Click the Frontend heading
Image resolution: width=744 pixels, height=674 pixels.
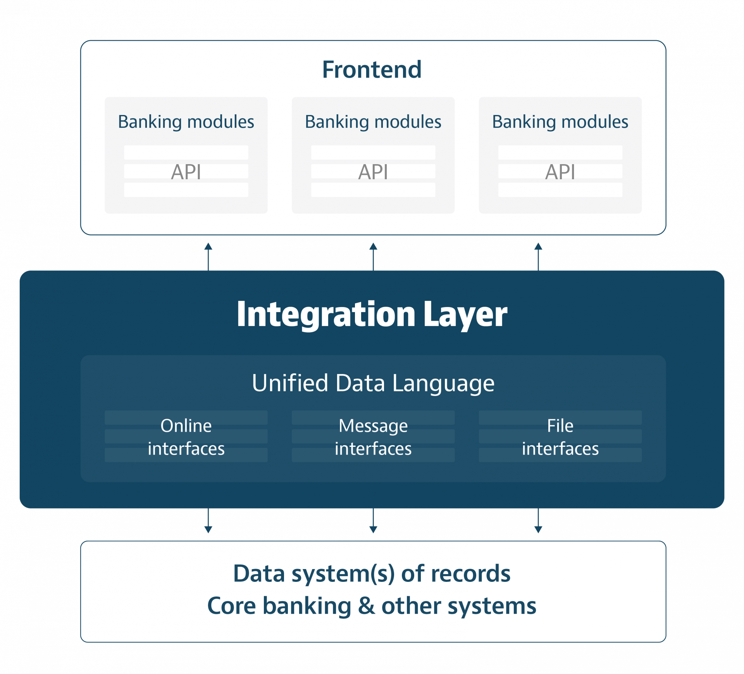(372, 70)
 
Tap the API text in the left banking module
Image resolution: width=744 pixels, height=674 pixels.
(186, 172)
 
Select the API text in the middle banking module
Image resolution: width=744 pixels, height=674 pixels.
(373, 172)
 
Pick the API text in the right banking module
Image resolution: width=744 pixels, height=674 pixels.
(560, 172)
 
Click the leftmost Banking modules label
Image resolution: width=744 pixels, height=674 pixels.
(186, 122)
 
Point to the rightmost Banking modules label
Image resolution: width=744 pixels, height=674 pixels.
(560, 122)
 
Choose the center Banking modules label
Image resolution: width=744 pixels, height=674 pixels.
(373, 122)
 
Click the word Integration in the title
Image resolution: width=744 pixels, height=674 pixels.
(325, 314)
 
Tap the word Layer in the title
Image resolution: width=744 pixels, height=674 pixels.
(465, 314)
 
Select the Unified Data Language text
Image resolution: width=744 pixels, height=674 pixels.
(373, 383)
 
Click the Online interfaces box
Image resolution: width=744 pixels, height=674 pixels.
(186, 437)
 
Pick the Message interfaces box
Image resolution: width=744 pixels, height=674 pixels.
(373, 437)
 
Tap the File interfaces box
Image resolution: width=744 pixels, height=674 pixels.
(560, 437)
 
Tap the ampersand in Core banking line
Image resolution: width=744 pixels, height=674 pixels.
(366, 606)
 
